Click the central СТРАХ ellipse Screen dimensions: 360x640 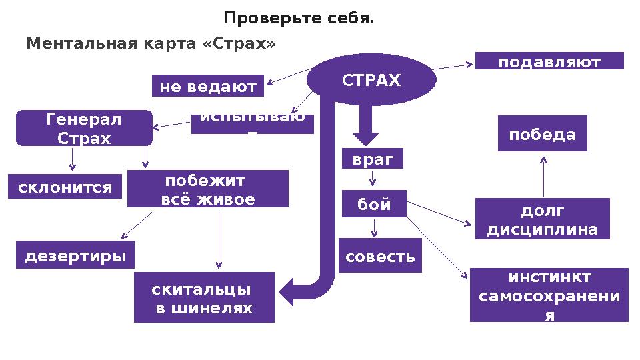[371, 81]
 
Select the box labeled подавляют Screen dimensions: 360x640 [549, 61]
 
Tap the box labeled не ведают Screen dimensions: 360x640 [208, 86]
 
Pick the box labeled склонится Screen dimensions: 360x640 [65, 187]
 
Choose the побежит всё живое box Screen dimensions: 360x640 [207, 189]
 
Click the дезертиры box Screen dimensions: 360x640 [75, 255]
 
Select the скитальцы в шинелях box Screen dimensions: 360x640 [204, 298]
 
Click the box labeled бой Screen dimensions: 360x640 [374, 205]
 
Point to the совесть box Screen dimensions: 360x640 [380, 256]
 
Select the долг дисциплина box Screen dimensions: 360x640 [542, 219]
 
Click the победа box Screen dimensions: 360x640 [543, 134]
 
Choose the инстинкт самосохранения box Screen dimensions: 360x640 [549, 295]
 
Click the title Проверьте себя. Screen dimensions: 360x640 [299, 18]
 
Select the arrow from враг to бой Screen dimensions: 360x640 [373, 178]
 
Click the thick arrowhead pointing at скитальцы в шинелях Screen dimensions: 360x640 [288, 291]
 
